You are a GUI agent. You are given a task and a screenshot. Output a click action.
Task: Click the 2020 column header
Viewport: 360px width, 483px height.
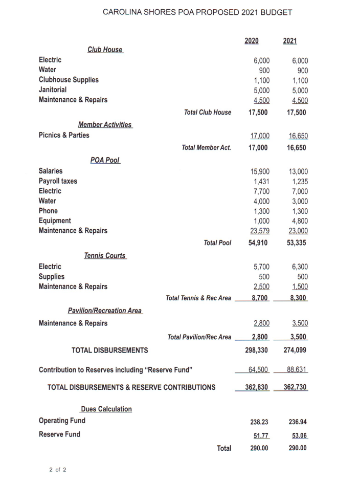click(x=251, y=41)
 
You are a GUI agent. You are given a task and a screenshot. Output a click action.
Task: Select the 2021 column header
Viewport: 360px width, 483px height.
click(x=290, y=41)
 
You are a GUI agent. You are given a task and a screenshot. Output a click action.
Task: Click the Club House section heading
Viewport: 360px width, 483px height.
click(x=105, y=50)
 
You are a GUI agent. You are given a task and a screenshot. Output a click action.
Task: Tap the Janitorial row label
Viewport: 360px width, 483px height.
click(x=53, y=90)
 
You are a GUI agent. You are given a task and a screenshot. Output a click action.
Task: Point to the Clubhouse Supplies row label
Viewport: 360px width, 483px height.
click(x=69, y=80)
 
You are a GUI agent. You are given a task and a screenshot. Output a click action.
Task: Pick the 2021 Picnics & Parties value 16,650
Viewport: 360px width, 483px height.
click(x=297, y=136)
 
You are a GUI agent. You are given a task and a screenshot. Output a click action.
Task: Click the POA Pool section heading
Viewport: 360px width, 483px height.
click(x=105, y=160)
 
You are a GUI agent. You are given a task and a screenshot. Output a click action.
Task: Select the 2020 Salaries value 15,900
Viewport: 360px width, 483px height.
click(x=259, y=171)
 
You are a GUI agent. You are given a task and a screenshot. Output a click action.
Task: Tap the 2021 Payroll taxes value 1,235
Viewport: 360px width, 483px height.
click(x=298, y=181)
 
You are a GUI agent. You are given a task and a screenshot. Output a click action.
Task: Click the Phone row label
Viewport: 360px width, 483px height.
click(x=48, y=211)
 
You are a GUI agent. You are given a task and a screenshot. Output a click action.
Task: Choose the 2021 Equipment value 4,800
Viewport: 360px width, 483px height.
click(x=298, y=221)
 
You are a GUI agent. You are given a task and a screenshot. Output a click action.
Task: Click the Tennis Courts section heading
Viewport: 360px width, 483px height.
click(x=105, y=255)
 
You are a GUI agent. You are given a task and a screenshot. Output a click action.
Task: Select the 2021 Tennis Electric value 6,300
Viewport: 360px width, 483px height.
click(x=298, y=267)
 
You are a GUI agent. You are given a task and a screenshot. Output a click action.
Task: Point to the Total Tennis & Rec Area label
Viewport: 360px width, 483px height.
click(x=198, y=298)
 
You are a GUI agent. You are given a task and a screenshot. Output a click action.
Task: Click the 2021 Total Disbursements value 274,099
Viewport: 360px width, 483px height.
click(x=295, y=350)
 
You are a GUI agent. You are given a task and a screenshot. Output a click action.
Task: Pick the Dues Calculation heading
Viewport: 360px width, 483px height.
click(x=106, y=409)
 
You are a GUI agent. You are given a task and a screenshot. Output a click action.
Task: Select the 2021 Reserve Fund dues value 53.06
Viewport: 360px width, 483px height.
click(x=297, y=435)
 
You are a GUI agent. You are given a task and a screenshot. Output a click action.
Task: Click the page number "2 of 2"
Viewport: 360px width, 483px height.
click(x=58, y=470)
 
